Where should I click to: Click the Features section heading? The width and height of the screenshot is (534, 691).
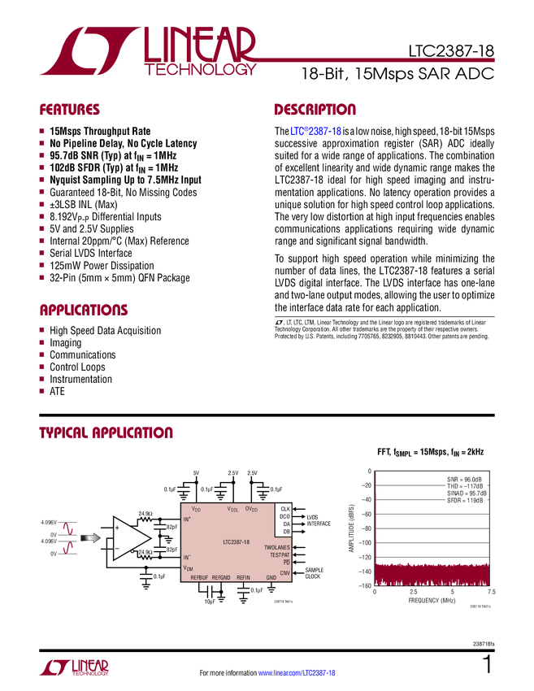point(69,111)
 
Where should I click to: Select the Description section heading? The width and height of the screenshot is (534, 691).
point(315,111)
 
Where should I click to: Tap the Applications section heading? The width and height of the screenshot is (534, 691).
point(84,311)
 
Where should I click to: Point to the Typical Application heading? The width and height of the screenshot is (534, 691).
point(106,432)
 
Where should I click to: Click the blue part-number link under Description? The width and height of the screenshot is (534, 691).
point(315,131)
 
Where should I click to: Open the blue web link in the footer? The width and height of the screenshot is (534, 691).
point(297,673)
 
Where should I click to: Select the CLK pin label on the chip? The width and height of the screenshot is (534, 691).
point(284,509)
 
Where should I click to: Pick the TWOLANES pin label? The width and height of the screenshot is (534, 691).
point(276,548)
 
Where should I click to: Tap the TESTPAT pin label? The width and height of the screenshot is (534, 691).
point(280,555)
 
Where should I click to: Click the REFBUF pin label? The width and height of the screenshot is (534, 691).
point(199,577)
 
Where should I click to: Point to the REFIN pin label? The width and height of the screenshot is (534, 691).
point(243,577)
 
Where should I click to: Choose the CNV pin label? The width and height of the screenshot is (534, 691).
point(284,573)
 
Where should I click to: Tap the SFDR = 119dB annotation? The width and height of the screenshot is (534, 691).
point(464,500)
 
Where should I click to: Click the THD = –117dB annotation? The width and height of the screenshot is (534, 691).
point(465,486)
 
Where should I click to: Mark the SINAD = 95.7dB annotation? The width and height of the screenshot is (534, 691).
point(467,493)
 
